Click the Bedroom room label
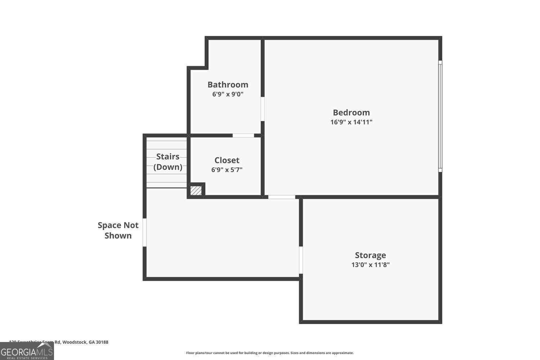(x=351, y=113)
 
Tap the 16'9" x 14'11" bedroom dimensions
(x=351, y=122)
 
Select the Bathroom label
(x=228, y=85)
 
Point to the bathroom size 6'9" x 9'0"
(x=228, y=94)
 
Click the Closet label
(x=227, y=160)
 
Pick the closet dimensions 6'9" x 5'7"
(x=227, y=170)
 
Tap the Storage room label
(x=370, y=255)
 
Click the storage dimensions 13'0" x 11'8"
(x=370, y=265)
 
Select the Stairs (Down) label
(x=168, y=162)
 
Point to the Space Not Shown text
(x=118, y=230)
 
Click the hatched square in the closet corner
(x=196, y=190)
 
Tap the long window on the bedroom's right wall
(x=440, y=116)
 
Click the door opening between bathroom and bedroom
(x=263, y=109)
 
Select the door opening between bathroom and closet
(x=243, y=136)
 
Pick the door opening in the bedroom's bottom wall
(x=282, y=197)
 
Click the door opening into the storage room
(x=301, y=260)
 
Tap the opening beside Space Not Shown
(x=145, y=232)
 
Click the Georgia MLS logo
(x=27, y=351)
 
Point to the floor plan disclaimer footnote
(x=270, y=353)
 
